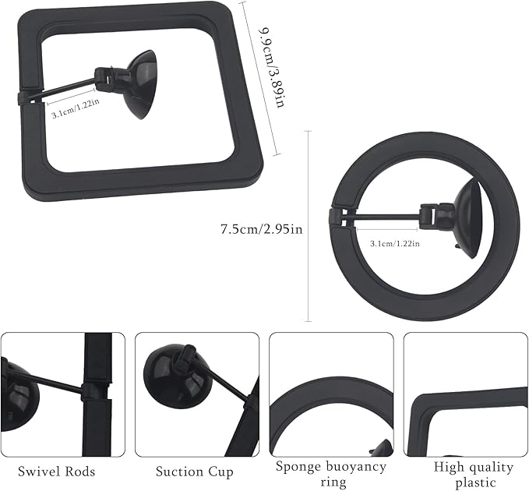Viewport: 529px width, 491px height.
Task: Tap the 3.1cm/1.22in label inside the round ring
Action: (x=394, y=243)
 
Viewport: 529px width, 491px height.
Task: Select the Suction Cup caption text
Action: (x=194, y=472)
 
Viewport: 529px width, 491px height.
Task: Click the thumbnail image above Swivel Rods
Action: (x=62, y=394)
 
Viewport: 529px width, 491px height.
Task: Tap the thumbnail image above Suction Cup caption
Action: (x=197, y=394)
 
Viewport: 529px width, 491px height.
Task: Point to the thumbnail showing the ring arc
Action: (x=331, y=394)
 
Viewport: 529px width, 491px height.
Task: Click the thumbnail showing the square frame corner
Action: (x=466, y=394)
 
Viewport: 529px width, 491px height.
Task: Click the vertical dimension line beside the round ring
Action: (x=309, y=226)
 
